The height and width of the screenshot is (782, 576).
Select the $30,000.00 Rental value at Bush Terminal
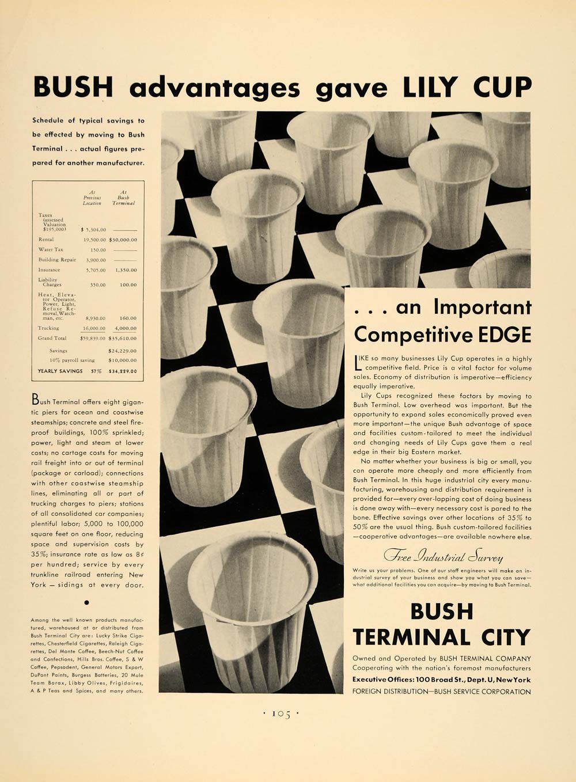(x=123, y=240)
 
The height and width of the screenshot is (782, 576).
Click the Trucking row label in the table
(x=48, y=328)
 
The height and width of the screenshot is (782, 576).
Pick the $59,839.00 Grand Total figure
(x=93, y=339)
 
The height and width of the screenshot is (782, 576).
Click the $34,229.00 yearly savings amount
(x=123, y=371)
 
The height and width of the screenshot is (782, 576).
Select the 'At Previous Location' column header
(x=92, y=198)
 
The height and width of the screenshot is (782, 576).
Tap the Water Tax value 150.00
(x=97, y=250)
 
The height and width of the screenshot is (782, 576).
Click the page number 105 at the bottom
(x=281, y=713)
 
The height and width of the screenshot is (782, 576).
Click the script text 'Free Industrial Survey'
(x=443, y=557)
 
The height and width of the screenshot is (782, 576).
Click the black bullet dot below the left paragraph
(x=87, y=603)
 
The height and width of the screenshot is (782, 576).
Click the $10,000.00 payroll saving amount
(x=123, y=360)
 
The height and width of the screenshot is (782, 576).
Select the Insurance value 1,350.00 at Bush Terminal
(x=126, y=270)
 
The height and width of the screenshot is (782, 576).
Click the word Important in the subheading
(x=482, y=308)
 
